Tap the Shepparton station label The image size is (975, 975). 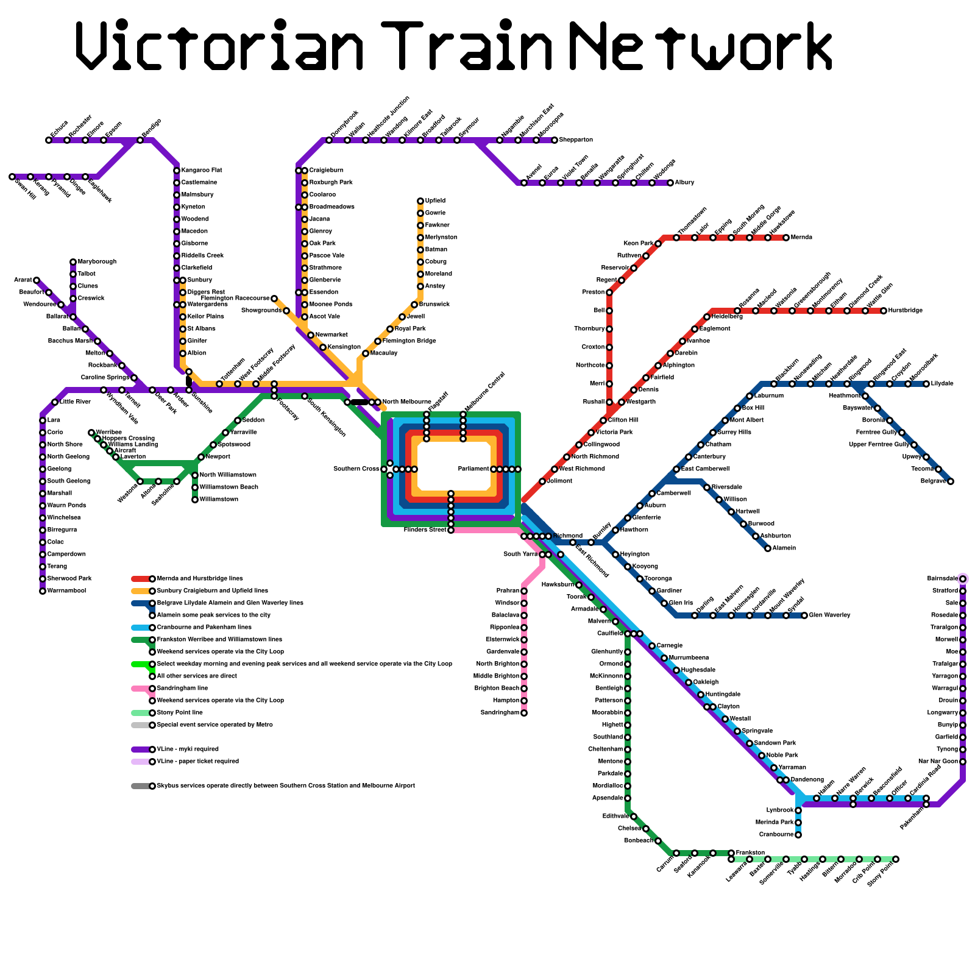click(576, 140)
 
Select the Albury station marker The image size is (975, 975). click(670, 183)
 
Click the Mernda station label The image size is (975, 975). click(802, 238)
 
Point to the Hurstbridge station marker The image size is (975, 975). click(884, 311)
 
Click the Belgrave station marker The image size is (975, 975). click(951, 481)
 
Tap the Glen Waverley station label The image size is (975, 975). click(829, 615)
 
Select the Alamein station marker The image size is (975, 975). click(768, 548)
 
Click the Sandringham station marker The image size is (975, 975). click(524, 713)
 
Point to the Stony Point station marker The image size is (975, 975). click(896, 859)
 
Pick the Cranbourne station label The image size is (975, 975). click(776, 835)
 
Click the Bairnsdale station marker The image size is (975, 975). click(963, 579)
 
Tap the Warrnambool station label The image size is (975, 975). click(66, 591)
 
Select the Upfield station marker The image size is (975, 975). click(420, 201)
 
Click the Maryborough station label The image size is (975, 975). click(97, 262)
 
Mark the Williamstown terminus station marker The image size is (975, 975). click(195, 500)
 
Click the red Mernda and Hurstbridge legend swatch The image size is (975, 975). click(140, 579)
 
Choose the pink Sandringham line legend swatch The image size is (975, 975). click(140, 689)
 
